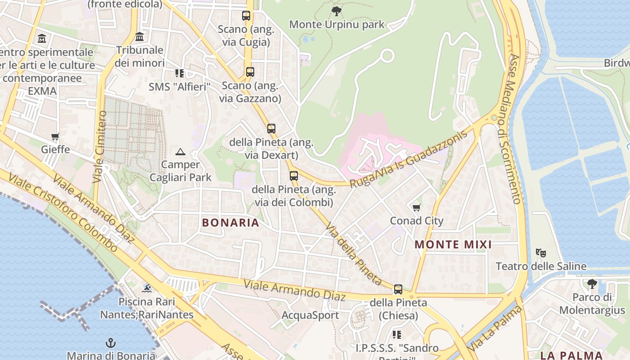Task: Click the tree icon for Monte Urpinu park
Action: pyautogui.click(x=336, y=11)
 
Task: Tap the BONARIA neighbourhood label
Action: pyautogui.click(x=230, y=222)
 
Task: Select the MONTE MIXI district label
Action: pyautogui.click(x=453, y=245)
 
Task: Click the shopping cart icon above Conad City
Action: pyautogui.click(x=417, y=207)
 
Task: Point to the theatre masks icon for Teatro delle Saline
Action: pyautogui.click(x=541, y=253)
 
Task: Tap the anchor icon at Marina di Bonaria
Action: pyautogui.click(x=111, y=343)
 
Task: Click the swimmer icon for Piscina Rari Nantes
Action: pyautogui.click(x=147, y=288)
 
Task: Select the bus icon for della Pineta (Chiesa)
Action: pyautogui.click(x=398, y=289)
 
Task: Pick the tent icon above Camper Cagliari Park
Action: pyautogui.click(x=180, y=152)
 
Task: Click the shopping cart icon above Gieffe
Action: pyautogui.click(x=55, y=136)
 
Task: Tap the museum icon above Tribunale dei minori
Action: pyautogui.click(x=139, y=36)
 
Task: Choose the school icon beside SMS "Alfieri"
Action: pyautogui.click(x=180, y=73)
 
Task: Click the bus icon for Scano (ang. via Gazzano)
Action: pyautogui.click(x=250, y=72)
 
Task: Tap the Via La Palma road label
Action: pyautogui.click(x=495, y=329)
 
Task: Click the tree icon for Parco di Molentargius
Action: pyautogui.click(x=592, y=283)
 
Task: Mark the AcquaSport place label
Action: pyautogui.click(x=310, y=315)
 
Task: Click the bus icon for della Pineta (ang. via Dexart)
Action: pyautogui.click(x=271, y=129)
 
